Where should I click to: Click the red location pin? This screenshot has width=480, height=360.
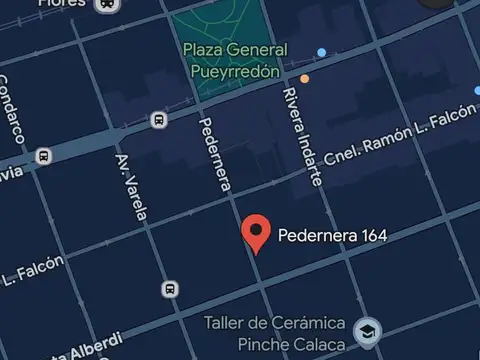[x=257, y=232]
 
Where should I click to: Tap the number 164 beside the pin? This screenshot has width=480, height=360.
[x=368, y=236]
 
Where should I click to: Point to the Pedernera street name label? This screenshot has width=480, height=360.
[x=215, y=154]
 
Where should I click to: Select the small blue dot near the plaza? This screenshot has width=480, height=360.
[x=321, y=52]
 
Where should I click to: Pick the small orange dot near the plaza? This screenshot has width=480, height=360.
[x=304, y=78]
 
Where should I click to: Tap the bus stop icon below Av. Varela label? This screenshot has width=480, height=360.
[x=170, y=290]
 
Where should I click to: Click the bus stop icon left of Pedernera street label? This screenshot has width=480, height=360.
[x=158, y=121]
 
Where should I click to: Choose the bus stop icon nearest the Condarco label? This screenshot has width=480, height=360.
[x=43, y=156]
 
